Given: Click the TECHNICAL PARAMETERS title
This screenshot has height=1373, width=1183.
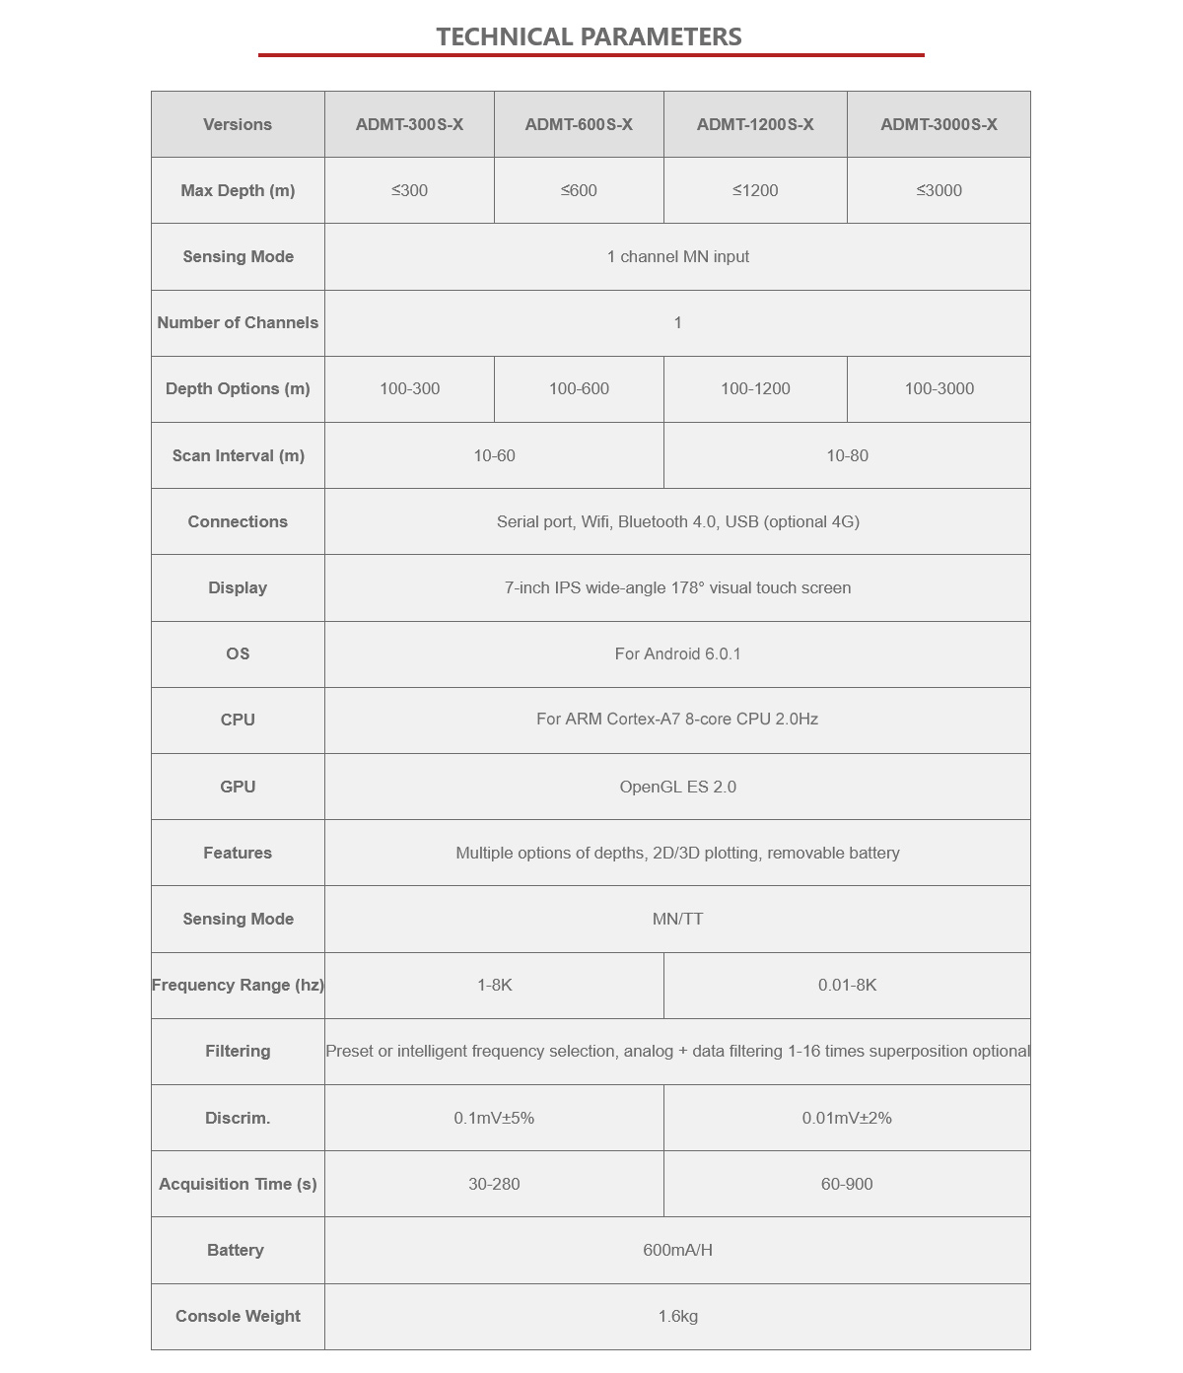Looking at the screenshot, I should pyautogui.click(x=589, y=36).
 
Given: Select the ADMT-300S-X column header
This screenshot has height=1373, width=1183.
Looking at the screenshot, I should pyautogui.click(x=409, y=124).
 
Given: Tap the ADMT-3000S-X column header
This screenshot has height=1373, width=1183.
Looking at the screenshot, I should pyautogui.click(x=939, y=124).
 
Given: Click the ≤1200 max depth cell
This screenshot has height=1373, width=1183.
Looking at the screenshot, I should pyautogui.click(x=755, y=190).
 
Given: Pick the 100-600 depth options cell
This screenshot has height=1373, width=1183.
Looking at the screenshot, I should pyautogui.click(x=579, y=388).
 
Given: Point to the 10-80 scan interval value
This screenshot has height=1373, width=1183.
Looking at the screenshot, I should pyautogui.click(x=847, y=455).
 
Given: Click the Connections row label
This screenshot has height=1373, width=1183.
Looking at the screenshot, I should pyautogui.click(x=238, y=521).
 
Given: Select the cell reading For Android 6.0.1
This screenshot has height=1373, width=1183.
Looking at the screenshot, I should pyautogui.click(x=677, y=653).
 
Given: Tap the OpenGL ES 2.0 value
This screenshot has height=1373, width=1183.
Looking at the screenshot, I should pyautogui.click(x=677, y=787).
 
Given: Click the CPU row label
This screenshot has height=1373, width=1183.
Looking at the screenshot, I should pyautogui.click(x=238, y=720).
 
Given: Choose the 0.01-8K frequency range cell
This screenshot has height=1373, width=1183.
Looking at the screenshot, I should pyautogui.click(x=847, y=985).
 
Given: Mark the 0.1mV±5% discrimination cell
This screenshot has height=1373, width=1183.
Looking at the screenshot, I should pyautogui.click(x=494, y=1118).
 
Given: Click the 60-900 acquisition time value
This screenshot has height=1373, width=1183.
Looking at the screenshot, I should pyautogui.click(x=847, y=1184).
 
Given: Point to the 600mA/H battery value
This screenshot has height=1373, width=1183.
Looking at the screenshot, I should pyautogui.click(x=677, y=1250).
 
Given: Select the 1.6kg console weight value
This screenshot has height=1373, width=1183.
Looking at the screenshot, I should pyautogui.click(x=677, y=1316).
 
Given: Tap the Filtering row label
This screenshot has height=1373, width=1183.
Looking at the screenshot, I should pyautogui.click(x=238, y=1051).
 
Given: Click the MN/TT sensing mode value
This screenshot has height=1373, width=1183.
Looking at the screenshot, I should pyautogui.click(x=677, y=919).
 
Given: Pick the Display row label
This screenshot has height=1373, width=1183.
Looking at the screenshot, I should pyautogui.click(x=238, y=587).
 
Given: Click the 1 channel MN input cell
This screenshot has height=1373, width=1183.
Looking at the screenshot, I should pyautogui.click(x=677, y=256).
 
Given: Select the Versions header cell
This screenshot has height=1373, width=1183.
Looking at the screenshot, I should pyautogui.click(x=238, y=124).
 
